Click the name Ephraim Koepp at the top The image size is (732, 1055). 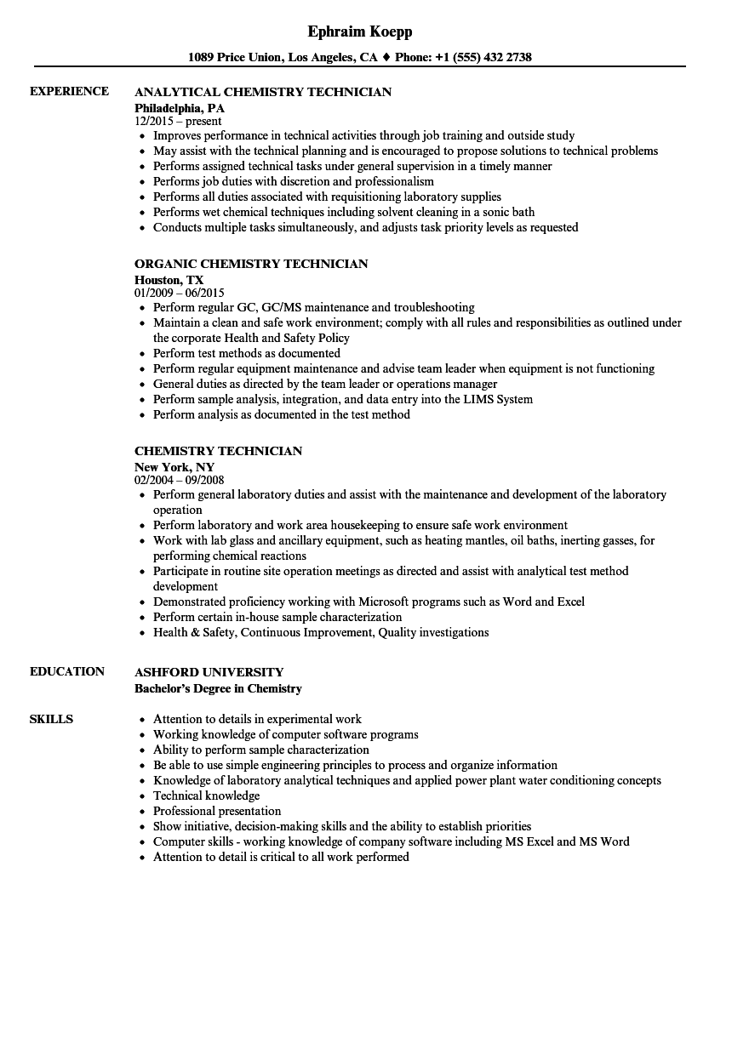tap(359, 31)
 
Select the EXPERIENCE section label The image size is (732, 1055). tap(69, 91)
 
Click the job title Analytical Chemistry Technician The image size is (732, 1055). tap(263, 92)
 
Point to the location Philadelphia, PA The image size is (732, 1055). tap(180, 108)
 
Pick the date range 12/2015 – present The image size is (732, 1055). tap(178, 122)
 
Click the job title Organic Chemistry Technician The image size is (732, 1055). tap(251, 264)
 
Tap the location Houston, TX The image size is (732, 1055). tap(169, 280)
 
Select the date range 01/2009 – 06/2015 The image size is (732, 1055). tap(179, 294)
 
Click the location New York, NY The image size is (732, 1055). tap(174, 467)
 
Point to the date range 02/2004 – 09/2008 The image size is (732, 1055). tap(180, 481)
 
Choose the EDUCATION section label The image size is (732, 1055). tap(67, 671)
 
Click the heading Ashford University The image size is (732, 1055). tap(209, 672)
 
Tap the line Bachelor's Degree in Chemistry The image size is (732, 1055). tap(218, 688)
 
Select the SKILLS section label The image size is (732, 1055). tap(51, 719)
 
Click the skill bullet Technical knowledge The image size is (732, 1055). tap(206, 796)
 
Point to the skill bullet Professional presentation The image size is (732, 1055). tap(216, 811)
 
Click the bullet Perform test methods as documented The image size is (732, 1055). tap(246, 353)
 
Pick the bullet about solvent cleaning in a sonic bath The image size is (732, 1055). tap(344, 212)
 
